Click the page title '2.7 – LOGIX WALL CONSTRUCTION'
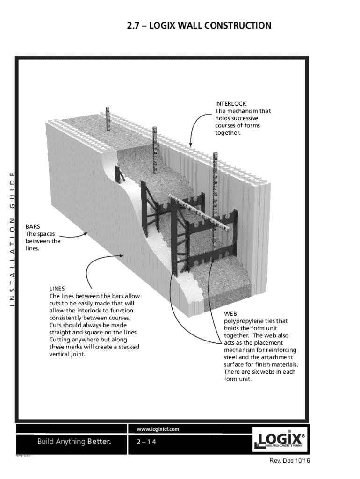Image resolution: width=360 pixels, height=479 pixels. (199, 25)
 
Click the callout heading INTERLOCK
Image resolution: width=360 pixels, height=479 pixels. (230, 103)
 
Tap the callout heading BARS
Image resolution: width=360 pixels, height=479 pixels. (32, 226)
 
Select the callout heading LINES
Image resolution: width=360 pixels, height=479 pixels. (57, 289)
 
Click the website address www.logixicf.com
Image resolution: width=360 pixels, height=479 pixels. (158, 429)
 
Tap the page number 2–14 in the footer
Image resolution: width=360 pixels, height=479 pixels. (146, 442)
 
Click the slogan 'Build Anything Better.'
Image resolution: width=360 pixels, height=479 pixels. (74, 442)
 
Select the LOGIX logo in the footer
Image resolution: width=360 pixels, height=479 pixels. (281, 440)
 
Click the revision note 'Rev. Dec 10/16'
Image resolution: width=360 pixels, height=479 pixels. (290, 461)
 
